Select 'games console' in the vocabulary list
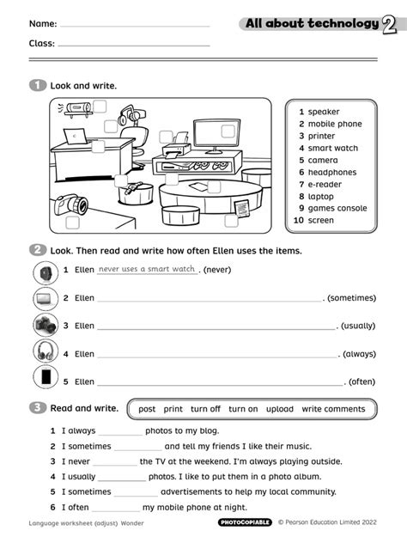click(337, 208)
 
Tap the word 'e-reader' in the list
click(325, 184)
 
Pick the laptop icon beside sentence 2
click(45, 298)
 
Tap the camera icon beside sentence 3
click(45, 325)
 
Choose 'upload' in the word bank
click(279, 409)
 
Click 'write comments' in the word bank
click(333, 409)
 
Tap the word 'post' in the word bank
click(147, 409)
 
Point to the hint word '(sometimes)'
click(351, 298)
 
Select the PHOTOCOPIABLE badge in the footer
click(245, 522)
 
